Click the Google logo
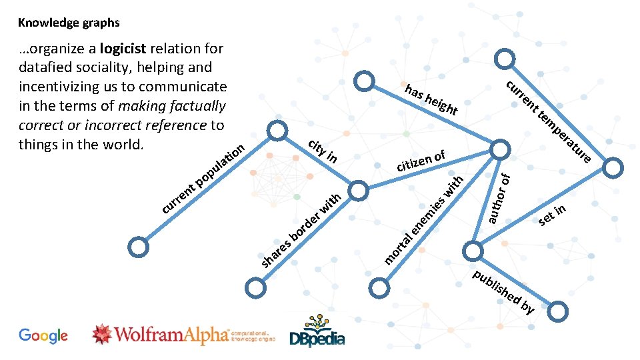(x=43, y=335)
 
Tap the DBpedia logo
(x=317, y=331)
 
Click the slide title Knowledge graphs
(x=69, y=23)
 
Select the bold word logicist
(x=124, y=49)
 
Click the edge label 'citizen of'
(x=421, y=161)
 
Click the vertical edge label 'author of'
(x=499, y=197)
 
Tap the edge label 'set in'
(x=553, y=215)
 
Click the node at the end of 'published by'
(x=559, y=310)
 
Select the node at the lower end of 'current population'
(x=138, y=247)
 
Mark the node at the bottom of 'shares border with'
(x=255, y=288)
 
